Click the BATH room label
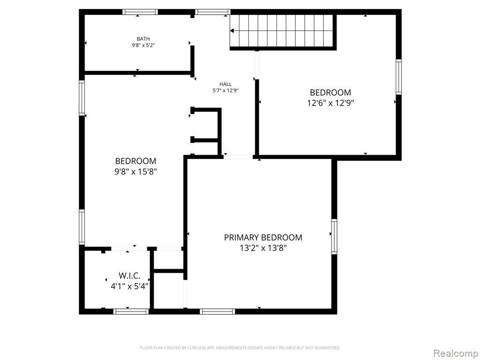pos(143,39)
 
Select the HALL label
pos(225,84)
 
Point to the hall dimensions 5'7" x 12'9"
pos(225,90)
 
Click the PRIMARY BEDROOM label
pos(263,238)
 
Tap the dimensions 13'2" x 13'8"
pos(263,248)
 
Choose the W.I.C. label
pos(129,276)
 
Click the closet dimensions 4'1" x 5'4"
pos(129,286)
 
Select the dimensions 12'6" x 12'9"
pos(330,103)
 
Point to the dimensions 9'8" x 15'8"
pos(135,172)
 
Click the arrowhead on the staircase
pos(232,30)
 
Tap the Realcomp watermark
pos(456,353)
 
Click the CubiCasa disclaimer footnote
pos(240,348)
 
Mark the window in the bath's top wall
pos(140,12)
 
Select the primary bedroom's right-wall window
pos(334,237)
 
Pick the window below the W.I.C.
pos(131,311)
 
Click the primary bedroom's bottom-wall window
pos(217,311)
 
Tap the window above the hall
pos(213,12)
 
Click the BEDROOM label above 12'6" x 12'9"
pos(330,92)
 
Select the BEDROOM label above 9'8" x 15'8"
pos(135,161)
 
